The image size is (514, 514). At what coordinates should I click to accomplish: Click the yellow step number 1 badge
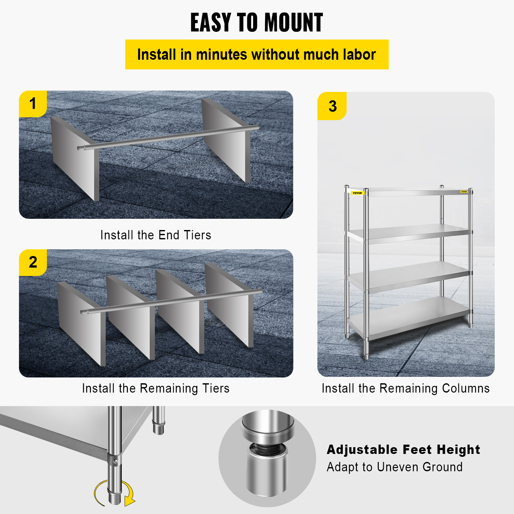click(33, 104)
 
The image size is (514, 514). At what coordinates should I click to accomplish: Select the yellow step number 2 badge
click(33, 262)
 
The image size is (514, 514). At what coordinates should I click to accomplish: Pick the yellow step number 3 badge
click(332, 106)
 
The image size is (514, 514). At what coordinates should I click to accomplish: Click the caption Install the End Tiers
click(156, 235)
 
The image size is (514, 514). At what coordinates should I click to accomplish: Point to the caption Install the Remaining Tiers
click(156, 388)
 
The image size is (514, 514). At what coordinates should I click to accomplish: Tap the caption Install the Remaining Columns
click(405, 388)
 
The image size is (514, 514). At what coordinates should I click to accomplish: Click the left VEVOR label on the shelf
click(357, 193)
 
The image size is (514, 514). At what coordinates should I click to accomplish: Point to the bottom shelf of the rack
click(408, 316)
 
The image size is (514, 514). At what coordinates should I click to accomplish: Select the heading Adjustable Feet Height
click(403, 450)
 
